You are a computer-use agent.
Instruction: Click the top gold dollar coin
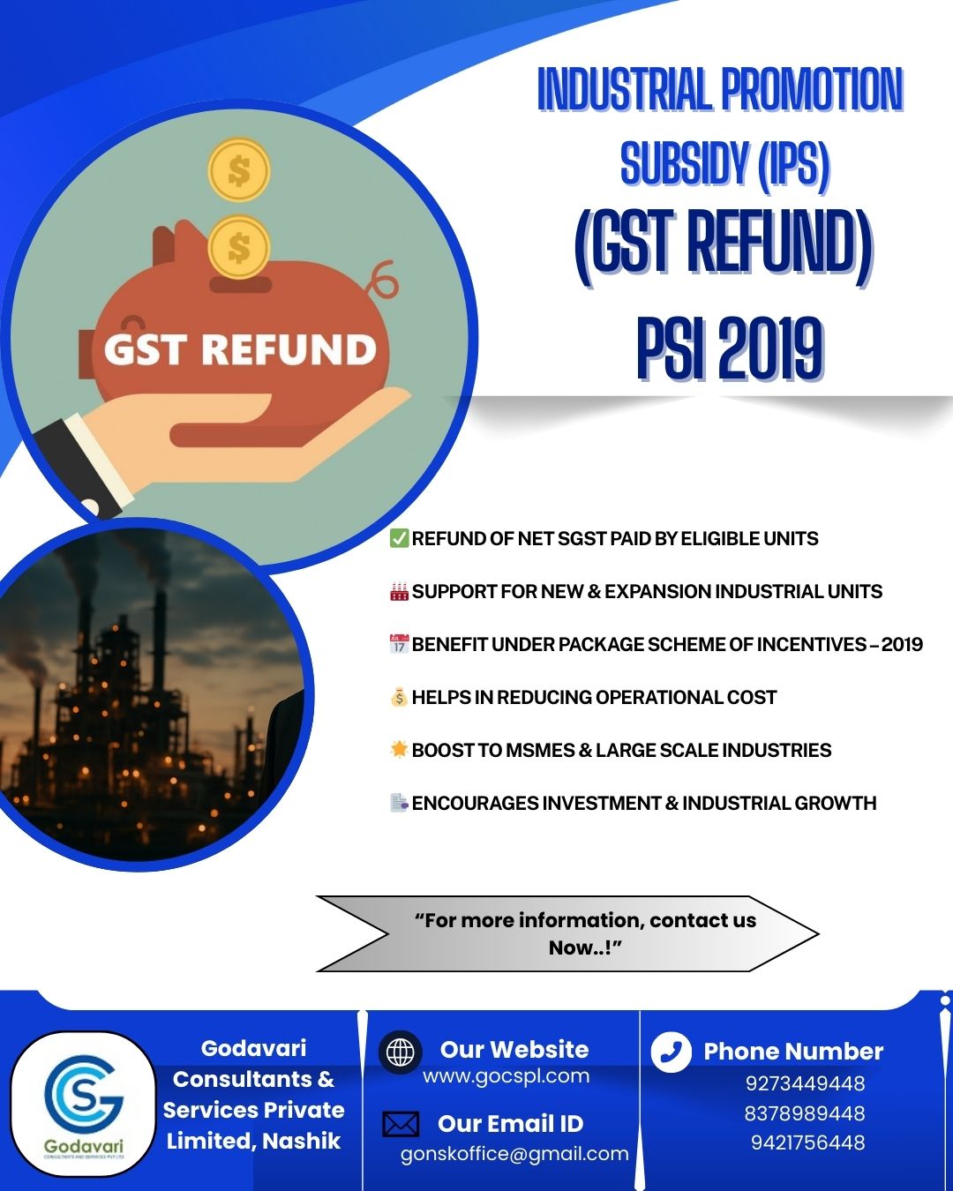pos(239,169)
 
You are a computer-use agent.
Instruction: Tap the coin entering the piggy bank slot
pos(239,247)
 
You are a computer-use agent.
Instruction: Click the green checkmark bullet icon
pos(399,538)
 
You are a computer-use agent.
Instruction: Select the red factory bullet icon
pos(399,591)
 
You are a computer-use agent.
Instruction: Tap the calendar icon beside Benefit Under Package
pos(399,644)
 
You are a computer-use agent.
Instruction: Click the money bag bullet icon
pos(399,697)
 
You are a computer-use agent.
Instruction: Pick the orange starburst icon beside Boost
pos(399,750)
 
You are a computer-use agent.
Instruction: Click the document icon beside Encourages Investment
pos(399,803)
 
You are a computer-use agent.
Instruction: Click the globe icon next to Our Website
pos(400,1052)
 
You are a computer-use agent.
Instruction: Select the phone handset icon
pos(671,1052)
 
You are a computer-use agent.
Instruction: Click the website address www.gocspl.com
pos(506,1076)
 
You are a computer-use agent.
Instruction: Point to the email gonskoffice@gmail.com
pos(514,1155)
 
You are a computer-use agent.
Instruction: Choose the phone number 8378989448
pos(805,1113)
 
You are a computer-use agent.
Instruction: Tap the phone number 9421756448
pos(808,1142)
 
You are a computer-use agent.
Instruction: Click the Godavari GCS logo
pos(84,1103)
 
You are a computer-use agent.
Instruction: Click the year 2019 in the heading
pos(770,349)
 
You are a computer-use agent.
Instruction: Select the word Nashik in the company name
pos(302,1142)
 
